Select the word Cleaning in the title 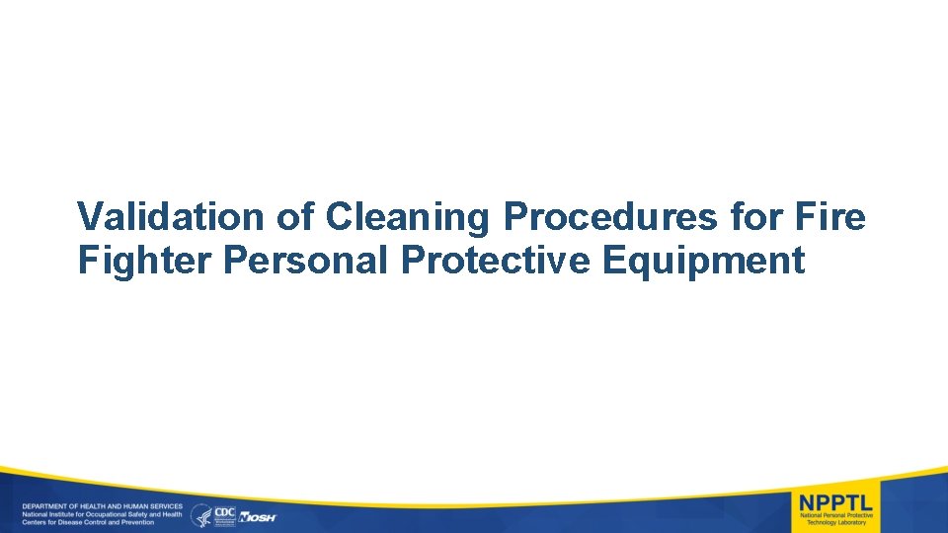pos(410,217)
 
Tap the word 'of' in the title pos(288,217)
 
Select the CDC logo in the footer pos(224,514)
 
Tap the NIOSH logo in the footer pos(258,516)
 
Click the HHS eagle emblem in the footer pos(200,514)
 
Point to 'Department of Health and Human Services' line pos(102,506)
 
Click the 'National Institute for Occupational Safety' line pos(102,514)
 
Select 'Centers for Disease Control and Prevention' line pos(89,522)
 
